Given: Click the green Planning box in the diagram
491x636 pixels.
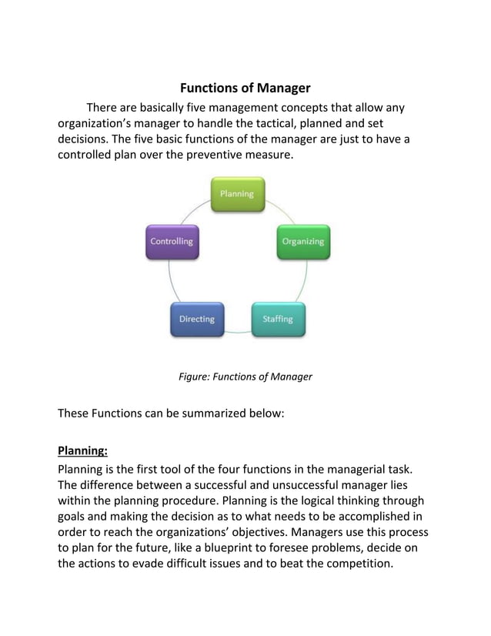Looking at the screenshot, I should click(237, 195).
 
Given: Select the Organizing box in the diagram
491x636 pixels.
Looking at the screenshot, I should click(302, 242).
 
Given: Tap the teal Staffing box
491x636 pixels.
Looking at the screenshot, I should click(278, 320).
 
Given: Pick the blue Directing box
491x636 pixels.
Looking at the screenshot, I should click(197, 320).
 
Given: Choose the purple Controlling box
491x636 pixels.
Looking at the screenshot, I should click(172, 242).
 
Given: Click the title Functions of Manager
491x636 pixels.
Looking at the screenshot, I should click(245, 89).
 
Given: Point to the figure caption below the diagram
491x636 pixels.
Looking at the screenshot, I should click(245, 377).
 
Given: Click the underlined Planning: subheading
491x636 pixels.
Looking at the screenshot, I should click(82, 450).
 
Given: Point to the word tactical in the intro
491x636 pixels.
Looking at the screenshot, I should click(282, 123).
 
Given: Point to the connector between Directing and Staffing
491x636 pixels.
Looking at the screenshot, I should click(238, 332).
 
